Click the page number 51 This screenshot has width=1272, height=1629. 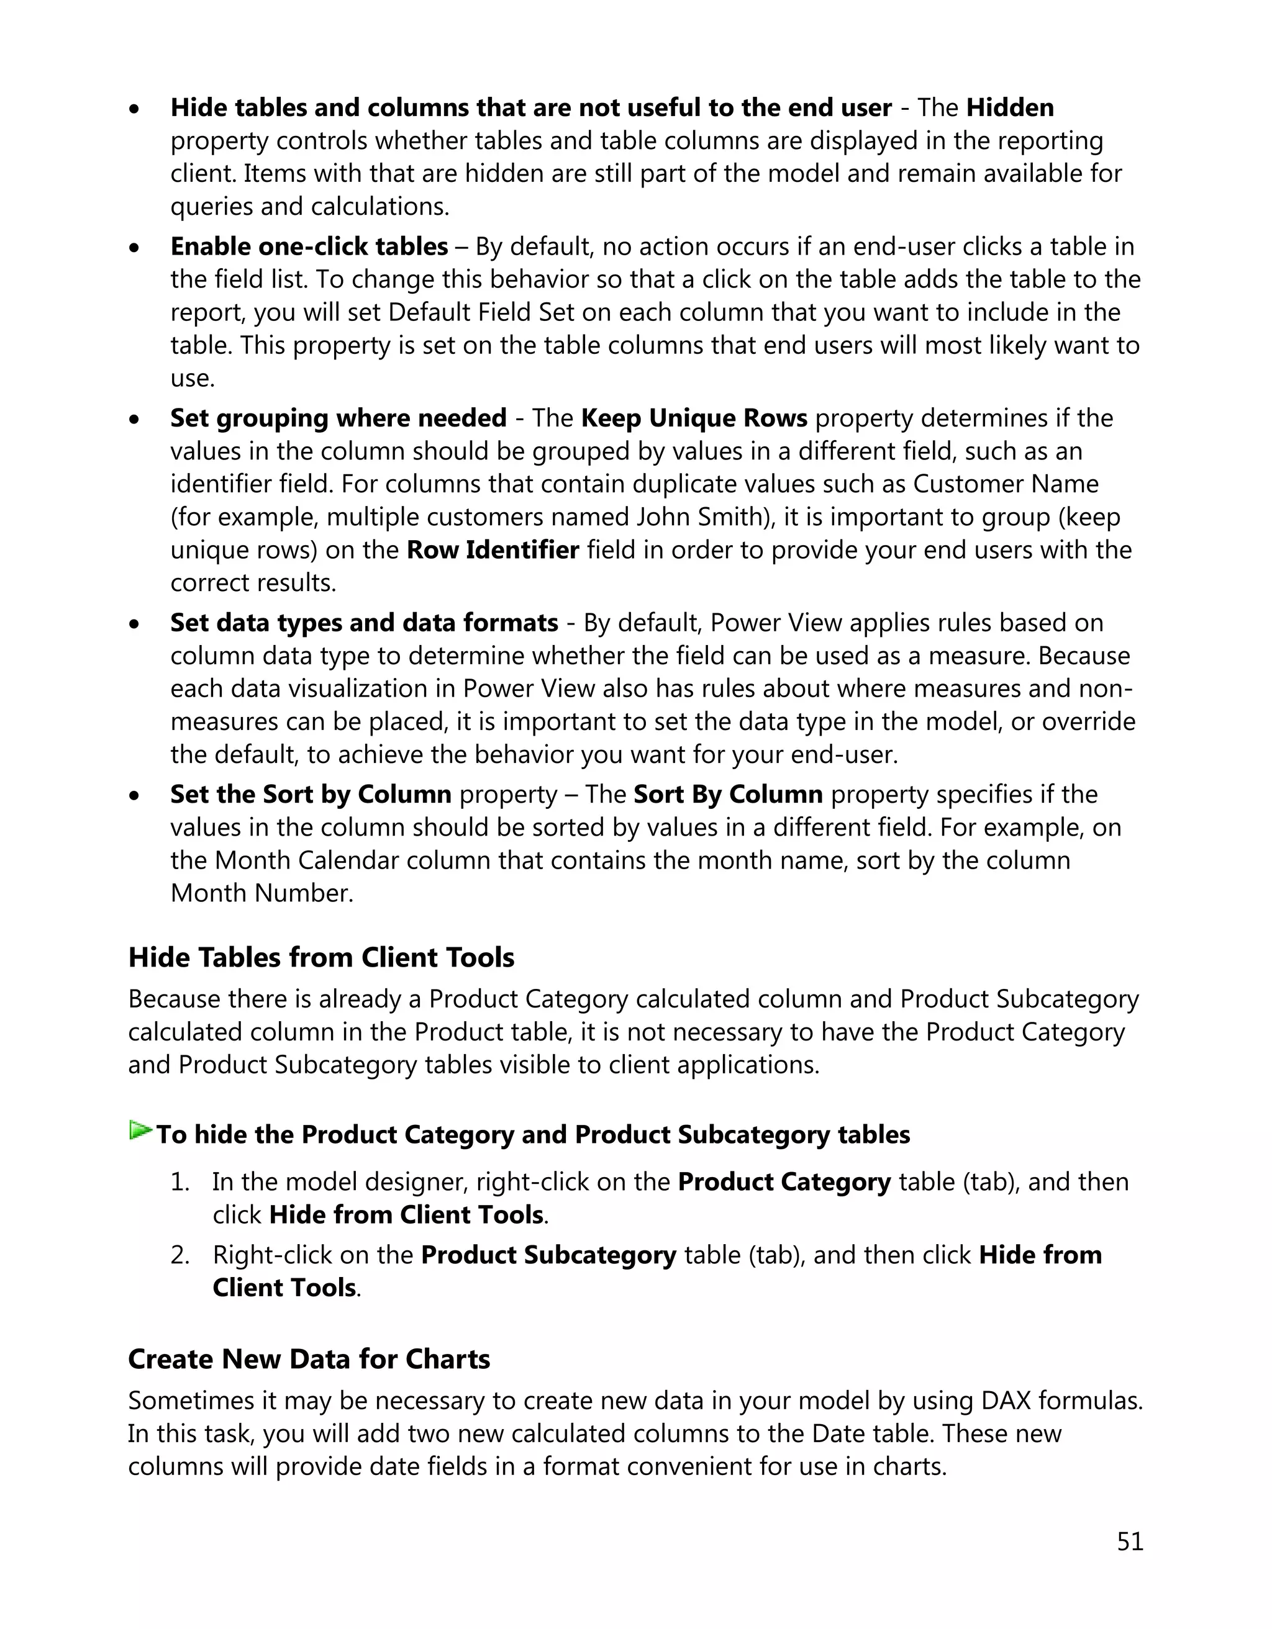tap(1130, 1541)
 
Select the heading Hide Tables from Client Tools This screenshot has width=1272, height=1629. tap(321, 958)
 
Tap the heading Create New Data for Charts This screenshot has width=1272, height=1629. tap(309, 1359)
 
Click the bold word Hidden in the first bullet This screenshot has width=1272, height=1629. tap(1009, 108)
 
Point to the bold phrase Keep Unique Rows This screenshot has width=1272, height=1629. tap(693, 418)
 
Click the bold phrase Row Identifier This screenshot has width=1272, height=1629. tap(493, 551)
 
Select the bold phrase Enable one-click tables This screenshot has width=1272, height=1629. tap(309, 247)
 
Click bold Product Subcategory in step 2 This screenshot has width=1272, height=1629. tap(548, 1255)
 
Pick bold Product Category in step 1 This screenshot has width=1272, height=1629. tap(784, 1182)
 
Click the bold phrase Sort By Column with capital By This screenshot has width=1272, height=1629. tap(727, 795)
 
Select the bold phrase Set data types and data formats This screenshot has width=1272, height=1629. tap(364, 623)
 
